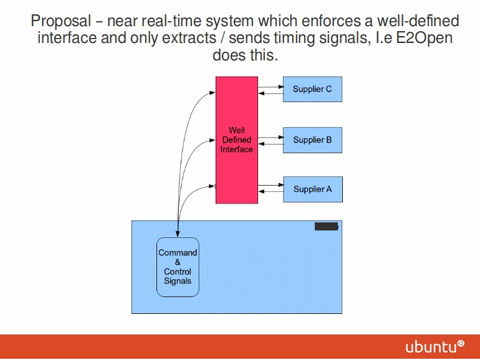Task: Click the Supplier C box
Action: click(312, 89)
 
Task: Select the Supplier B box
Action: click(312, 140)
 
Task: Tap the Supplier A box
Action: click(312, 189)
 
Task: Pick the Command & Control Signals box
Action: click(178, 267)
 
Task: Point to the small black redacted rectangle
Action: click(326, 227)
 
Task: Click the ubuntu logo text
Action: click(430, 347)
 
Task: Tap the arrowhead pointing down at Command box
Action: click(178, 234)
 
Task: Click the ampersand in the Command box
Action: click(178, 262)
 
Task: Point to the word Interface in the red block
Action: click(236, 149)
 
